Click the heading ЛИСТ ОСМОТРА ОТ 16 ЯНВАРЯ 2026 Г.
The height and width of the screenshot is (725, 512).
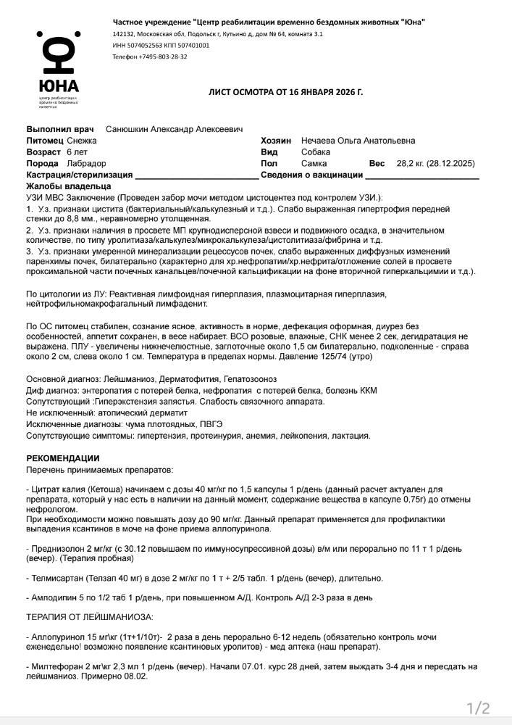(285, 93)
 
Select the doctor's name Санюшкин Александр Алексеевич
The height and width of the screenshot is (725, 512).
(174, 129)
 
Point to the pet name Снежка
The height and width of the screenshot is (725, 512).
(81, 141)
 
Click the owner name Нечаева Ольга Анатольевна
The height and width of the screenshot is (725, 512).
(358, 141)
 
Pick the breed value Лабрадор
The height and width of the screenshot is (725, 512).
(86, 164)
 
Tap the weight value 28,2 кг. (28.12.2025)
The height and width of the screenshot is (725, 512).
(435, 164)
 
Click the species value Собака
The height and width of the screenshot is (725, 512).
(316, 152)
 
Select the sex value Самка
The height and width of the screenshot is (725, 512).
(314, 164)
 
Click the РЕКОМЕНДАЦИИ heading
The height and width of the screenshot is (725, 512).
(63, 458)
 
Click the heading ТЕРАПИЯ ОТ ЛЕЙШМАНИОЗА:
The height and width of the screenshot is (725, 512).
(89, 617)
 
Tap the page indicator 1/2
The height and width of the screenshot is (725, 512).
(478, 708)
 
